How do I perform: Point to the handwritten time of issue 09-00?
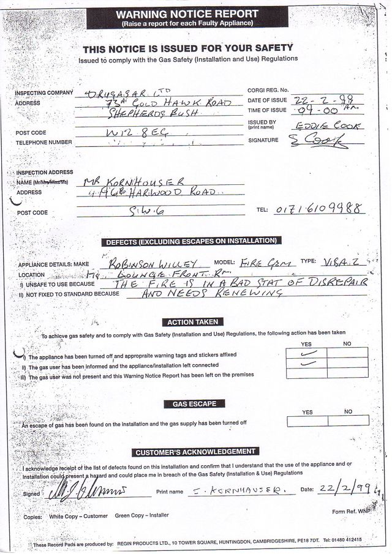[315, 111]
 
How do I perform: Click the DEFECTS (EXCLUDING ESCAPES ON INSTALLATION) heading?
[192, 241]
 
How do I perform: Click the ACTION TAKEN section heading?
[192, 322]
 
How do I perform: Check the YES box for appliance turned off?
[306, 352]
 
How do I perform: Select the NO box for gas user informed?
[347, 363]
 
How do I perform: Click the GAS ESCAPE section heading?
[194, 403]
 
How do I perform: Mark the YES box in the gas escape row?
[306, 421]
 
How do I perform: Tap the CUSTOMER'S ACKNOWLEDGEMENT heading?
[195, 452]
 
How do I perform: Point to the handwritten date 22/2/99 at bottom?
[347, 488]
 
